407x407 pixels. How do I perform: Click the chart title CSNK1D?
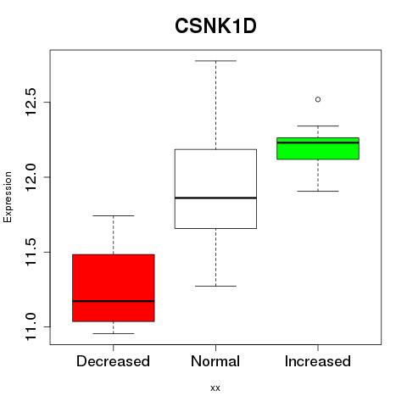pyautogui.click(x=215, y=26)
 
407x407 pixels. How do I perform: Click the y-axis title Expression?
pyautogui.click(x=8, y=197)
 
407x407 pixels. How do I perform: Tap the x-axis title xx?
pyautogui.click(x=215, y=388)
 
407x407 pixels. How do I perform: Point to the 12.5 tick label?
pyautogui.click(x=31, y=102)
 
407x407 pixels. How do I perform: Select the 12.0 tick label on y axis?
pyautogui.click(x=31, y=177)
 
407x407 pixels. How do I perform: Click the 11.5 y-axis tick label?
pyautogui.click(x=31, y=252)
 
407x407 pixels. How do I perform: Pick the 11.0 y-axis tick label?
pyautogui.click(x=31, y=326)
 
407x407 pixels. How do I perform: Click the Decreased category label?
pyautogui.click(x=113, y=361)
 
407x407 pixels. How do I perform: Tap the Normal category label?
pyautogui.click(x=215, y=361)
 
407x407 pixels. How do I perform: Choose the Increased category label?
pyautogui.click(x=318, y=361)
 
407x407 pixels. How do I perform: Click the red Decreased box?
pyautogui.click(x=114, y=287)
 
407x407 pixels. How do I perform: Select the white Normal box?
pyautogui.click(x=215, y=189)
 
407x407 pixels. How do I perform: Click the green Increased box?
pyautogui.click(x=318, y=148)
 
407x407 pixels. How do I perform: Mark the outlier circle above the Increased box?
pyautogui.click(x=318, y=99)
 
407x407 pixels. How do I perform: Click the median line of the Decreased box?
pyautogui.click(x=114, y=301)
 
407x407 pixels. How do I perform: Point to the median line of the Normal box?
pyautogui.click(x=215, y=198)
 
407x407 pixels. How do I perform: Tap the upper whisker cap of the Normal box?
pyautogui.click(x=215, y=61)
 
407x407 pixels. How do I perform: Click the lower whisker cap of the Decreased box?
pyautogui.click(x=114, y=333)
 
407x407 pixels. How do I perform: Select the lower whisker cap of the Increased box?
pyautogui.click(x=318, y=192)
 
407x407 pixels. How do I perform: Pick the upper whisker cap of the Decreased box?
pyautogui.click(x=114, y=215)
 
